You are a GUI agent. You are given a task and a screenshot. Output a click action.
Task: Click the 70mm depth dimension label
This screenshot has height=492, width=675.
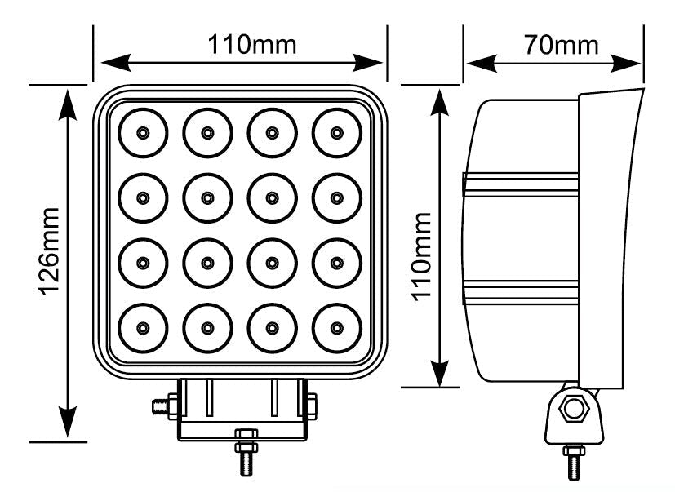(x=561, y=44)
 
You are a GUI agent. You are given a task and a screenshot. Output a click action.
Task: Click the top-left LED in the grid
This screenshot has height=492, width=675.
(x=143, y=131)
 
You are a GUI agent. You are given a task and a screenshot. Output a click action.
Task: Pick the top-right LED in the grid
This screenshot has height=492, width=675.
(x=336, y=131)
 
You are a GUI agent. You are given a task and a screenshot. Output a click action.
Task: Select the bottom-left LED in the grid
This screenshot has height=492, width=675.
(x=143, y=327)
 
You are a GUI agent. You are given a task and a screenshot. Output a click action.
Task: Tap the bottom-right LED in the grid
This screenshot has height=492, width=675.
(x=336, y=327)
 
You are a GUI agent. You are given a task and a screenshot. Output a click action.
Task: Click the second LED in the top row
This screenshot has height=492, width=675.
(x=207, y=131)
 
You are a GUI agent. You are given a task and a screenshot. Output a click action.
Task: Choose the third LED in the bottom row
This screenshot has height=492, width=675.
(x=272, y=327)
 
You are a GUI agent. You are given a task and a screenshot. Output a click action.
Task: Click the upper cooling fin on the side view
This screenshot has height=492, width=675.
(x=522, y=184)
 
